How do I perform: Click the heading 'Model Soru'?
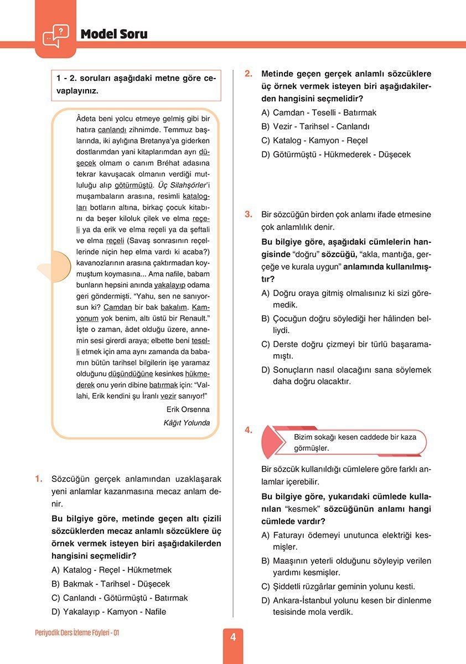[x=114, y=34]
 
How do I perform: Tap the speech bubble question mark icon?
[x=55, y=36]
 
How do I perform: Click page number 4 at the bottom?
[x=233, y=637]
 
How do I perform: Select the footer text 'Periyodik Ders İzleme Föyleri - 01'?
[x=77, y=632]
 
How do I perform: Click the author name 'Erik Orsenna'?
[x=188, y=409]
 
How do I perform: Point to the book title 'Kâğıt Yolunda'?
[x=187, y=423]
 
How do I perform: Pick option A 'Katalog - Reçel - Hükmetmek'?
[x=111, y=569]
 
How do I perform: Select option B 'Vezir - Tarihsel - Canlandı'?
[x=315, y=127]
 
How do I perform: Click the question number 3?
[x=248, y=214]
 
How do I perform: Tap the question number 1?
[x=38, y=479]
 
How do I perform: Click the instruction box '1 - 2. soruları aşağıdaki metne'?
[x=136, y=85]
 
